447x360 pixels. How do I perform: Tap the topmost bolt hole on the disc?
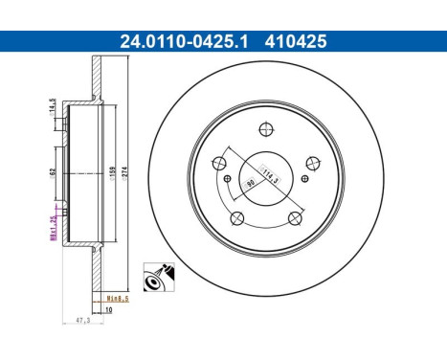[267, 133]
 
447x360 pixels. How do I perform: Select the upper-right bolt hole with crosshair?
[310, 164]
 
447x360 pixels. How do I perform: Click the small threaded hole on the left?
[226, 179]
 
